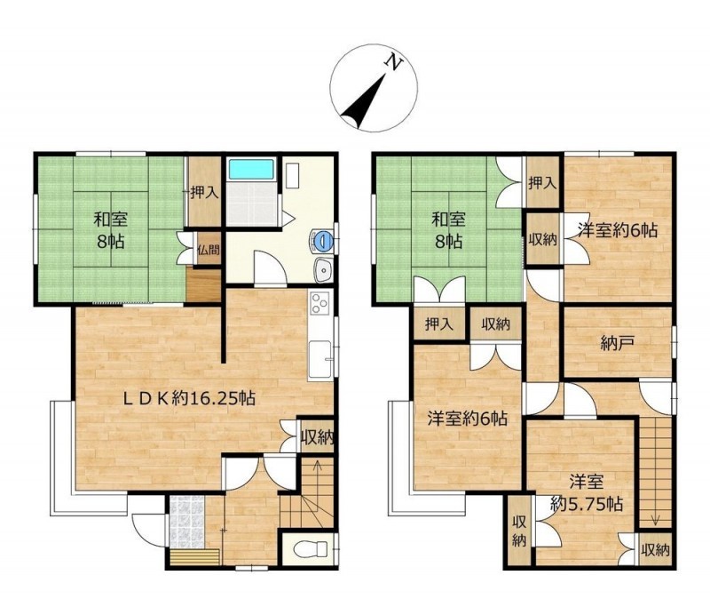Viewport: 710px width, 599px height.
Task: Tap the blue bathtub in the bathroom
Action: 252,170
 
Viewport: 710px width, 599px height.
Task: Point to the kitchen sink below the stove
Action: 321,360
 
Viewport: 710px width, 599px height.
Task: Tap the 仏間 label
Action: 209,249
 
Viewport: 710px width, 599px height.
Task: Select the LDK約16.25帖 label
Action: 190,398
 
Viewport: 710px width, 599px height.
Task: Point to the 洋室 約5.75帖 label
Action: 587,492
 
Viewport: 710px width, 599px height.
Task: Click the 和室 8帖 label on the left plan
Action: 110,231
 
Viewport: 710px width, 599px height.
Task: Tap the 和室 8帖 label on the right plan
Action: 448,231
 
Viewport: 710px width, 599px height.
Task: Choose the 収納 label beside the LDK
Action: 318,438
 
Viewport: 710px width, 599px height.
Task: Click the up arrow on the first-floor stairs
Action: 317,474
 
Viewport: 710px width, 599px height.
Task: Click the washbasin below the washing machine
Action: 323,270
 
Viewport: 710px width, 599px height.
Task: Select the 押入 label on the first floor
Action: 205,193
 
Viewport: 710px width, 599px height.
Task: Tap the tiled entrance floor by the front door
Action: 187,521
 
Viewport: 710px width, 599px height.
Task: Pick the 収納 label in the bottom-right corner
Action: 655,550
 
